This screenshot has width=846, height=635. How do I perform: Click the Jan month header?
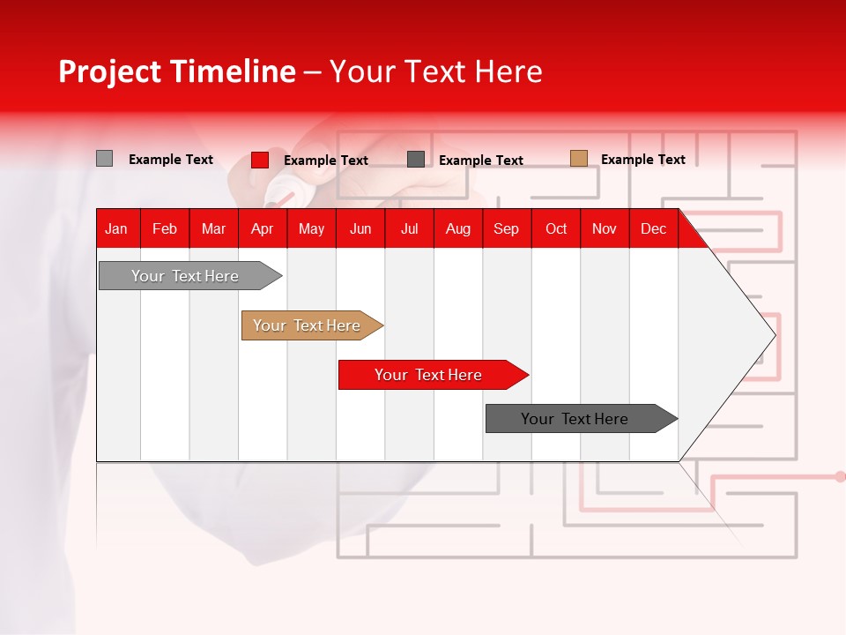pyautogui.click(x=116, y=229)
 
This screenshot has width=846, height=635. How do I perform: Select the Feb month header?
pyautogui.click(x=165, y=229)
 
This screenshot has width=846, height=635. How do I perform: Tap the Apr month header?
pyautogui.click(x=262, y=229)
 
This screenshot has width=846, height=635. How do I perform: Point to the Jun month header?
pyautogui.click(x=360, y=229)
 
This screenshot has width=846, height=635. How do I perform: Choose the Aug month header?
pyautogui.click(x=457, y=229)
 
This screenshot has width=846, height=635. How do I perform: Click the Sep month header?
pyautogui.click(x=506, y=229)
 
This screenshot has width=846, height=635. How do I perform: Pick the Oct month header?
pyautogui.click(x=556, y=229)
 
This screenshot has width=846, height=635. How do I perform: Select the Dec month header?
pyautogui.click(x=653, y=229)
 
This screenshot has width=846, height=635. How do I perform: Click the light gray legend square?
pyautogui.click(x=105, y=159)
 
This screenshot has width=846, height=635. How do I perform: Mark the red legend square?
pyautogui.click(x=260, y=160)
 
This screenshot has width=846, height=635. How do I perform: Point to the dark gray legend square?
pyautogui.click(x=416, y=159)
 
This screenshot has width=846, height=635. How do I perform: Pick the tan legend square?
pyautogui.click(x=578, y=159)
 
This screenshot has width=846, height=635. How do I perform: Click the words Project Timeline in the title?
pyautogui.click(x=176, y=71)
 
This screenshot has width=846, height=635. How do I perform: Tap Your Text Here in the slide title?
pyautogui.click(x=435, y=71)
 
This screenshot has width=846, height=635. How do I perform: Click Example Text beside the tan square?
pyautogui.click(x=642, y=160)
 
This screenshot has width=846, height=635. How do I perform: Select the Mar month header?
pyautogui.click(x=213, y=229)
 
